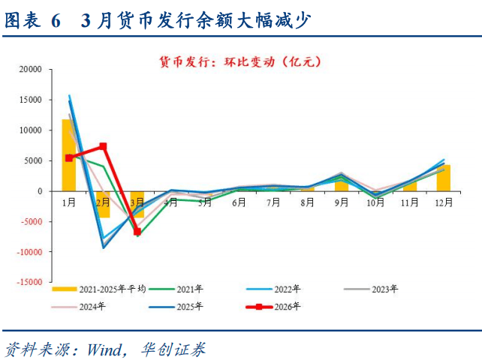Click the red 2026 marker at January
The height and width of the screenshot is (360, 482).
(x=69, y=157)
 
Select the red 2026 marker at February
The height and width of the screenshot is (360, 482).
(x=103, y=146)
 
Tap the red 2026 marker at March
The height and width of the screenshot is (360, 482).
(x=137, y=232)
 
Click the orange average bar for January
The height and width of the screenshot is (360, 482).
(x=68, y=154)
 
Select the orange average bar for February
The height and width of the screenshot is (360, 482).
(x=103, y=204)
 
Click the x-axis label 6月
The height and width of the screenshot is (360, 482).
(x=239, y=202)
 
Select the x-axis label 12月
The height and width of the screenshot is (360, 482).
(x=444, y=202)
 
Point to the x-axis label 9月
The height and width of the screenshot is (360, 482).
(x=342, y=202)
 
